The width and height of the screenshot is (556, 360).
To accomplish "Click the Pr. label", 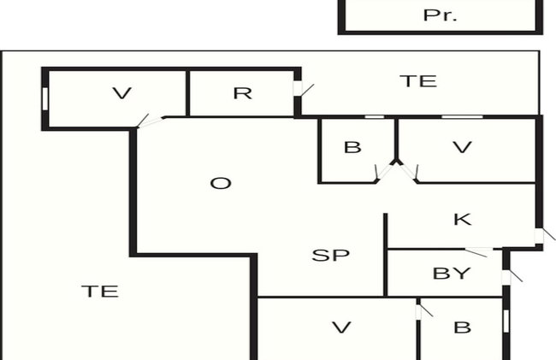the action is click(440, 15).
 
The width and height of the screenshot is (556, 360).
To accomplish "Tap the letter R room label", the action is click(243, 93).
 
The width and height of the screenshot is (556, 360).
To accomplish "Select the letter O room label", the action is click(221, 184).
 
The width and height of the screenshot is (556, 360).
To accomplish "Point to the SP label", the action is click(330, 255).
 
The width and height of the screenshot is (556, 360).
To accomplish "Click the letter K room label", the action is click(463, 220).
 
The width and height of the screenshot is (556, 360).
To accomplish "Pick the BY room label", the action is click(452, 274).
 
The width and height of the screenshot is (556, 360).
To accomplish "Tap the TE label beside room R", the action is click(418, 81).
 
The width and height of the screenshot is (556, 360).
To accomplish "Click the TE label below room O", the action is click(100, 292).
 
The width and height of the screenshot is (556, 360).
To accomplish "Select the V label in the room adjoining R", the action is click(121, 93).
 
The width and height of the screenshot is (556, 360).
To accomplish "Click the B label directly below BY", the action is click(463, 328).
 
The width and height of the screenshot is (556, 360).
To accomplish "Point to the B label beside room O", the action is click(352, 147).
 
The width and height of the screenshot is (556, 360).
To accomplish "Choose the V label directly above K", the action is click(463, 147).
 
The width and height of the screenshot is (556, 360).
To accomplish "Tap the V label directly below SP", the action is click(341, 328).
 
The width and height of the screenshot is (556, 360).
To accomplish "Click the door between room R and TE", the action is click(301, 89).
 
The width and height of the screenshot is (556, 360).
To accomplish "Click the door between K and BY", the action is click(478, 251).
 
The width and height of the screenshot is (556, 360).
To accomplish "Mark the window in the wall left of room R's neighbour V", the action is click(45, 99).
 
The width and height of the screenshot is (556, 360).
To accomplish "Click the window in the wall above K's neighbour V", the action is click(462, 116).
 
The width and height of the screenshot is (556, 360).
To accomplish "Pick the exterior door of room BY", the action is click(510, 277).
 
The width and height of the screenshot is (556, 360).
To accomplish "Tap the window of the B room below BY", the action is click(506, 321).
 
